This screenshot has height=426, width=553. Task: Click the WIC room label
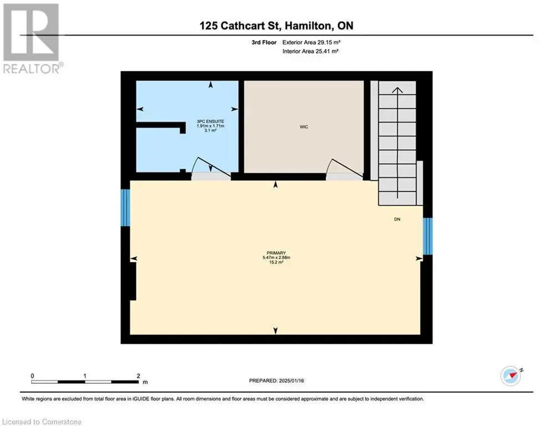(303, 127)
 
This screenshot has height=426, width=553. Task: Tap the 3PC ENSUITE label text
(211, 121)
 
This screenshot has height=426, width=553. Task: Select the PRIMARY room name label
(276, 253)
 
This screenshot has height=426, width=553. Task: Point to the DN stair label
(397, 219)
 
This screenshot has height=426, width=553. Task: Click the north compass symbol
(511, 376)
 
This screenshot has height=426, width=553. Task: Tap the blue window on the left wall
(125, 207)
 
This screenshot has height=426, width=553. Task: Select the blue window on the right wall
(428, 236)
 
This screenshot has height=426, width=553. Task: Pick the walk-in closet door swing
(345, 167)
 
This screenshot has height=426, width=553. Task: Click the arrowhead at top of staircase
(398, 90)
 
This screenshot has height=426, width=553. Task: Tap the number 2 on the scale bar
(138, 376)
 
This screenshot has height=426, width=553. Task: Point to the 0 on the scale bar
(32, 376)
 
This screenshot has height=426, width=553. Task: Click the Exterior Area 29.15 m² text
(311, 42)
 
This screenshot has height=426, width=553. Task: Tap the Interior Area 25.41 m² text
(311, 51)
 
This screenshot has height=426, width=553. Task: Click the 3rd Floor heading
(264, 42)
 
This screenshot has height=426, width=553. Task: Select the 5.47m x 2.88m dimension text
(276, 257)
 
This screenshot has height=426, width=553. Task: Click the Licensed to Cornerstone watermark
(42, 422)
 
